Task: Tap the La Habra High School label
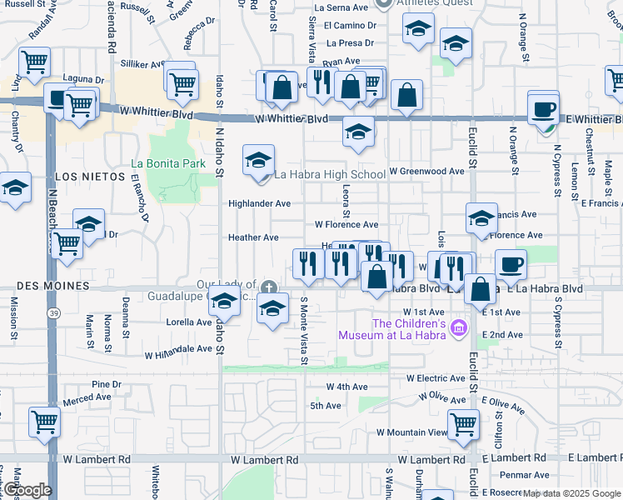pyautogui.click(x=330, y=175)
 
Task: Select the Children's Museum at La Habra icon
pyautogui.click(x=457, y=331)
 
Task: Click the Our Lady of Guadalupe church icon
pyautogui.click(x=268, y=287)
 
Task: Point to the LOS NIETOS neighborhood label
pyautogui.click(x=82, y=177)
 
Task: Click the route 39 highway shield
pyautogui.click(x=52, y=312)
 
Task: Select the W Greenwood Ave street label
pyautogui.click(x=426, y=172)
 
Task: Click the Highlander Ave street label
pyautogui.click(x=260, y=203)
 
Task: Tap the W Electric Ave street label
pyautogui.click(x=440, y=378)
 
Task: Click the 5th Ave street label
pyautogui.click(x=326, y=406)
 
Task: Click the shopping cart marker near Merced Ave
pyautogui.click(x=44, y=421)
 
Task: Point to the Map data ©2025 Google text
pyautogui.click(x=572, y=493)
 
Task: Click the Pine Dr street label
pyautogui.click(x=107, y=384)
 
